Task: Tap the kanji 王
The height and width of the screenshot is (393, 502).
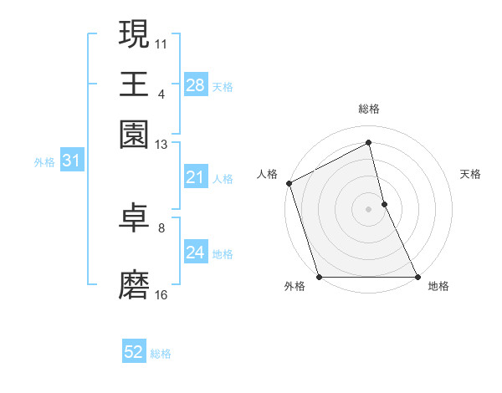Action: click(134, 84)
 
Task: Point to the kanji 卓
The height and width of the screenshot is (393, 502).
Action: click(134, 218)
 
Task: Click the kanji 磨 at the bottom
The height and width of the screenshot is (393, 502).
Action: click(134, 285)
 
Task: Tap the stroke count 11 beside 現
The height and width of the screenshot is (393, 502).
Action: click(161, 42)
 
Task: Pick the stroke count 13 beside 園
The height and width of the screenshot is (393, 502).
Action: click(161, 144)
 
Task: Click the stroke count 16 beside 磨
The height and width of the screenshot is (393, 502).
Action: click(161, 294)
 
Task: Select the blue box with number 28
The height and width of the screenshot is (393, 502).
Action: click(195, 85)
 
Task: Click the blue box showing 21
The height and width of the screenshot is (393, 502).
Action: click(195, 177)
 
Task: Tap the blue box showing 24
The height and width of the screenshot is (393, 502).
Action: click(195, 253)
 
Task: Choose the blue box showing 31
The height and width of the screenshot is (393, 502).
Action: click(71, 161)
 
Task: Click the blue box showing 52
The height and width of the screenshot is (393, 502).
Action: click(134, 353)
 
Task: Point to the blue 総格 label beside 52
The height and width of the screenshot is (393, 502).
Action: click(161, 354)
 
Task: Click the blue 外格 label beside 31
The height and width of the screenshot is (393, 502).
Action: click(44, 162)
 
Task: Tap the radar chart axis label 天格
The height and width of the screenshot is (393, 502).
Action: click(471, 174)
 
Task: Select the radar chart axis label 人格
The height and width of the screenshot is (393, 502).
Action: click(268, 174)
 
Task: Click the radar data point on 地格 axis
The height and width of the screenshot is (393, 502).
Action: click(417, 277)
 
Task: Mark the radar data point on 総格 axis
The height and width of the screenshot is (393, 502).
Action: click(369, 143)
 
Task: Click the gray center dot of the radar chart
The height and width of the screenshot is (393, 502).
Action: click(369, 209)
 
